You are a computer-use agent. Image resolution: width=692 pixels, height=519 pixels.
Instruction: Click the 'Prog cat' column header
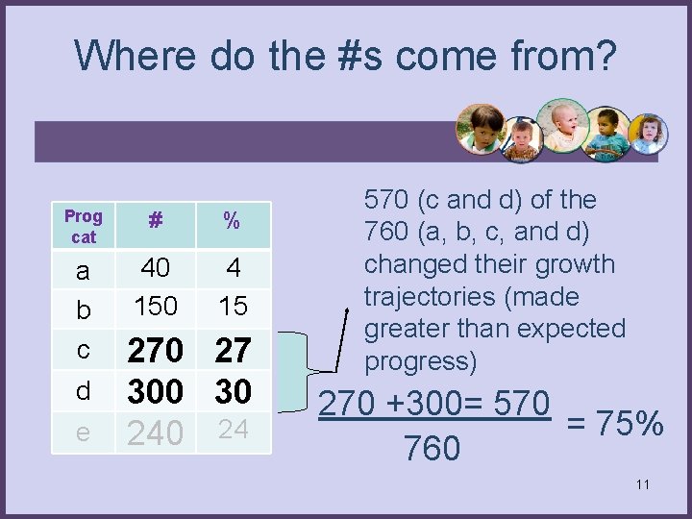click(83, 225)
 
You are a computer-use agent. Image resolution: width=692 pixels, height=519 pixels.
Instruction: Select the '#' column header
click(155, 221)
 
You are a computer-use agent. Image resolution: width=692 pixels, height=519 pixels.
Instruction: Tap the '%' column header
click(232, 221)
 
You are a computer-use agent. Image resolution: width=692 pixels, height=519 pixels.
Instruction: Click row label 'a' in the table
click(83, 271)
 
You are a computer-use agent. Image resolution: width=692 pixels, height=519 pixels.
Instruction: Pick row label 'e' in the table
click(83, 432)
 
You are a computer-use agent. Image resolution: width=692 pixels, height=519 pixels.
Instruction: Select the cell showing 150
click(156, 306)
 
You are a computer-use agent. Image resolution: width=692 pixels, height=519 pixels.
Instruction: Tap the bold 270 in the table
click(156, 350)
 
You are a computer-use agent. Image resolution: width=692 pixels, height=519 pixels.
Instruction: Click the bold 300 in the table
click(156, 391)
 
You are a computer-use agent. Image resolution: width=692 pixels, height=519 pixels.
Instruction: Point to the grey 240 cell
click(156, 433)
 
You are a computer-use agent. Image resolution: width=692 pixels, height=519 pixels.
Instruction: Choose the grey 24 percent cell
click(232, 430)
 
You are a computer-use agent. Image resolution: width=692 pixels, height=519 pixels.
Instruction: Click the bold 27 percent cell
click(232, 350)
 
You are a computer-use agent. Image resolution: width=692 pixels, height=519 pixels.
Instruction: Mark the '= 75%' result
click(615, 423)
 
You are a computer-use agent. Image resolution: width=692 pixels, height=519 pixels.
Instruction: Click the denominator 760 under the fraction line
click(433, 448)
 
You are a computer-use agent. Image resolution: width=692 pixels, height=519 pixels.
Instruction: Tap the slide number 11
click(642, 484)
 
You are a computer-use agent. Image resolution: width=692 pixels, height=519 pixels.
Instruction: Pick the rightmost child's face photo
click(648, 135)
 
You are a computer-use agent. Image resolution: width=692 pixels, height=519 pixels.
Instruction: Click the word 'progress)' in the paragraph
click(420, 360)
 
